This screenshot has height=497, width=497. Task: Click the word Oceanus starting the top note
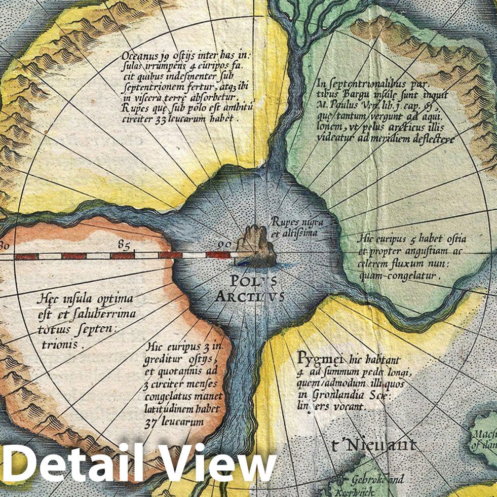click(x=140, y=55)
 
